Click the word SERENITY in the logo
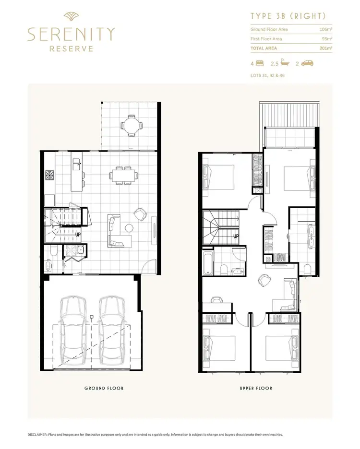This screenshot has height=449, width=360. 71,34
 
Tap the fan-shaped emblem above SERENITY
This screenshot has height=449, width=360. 71,17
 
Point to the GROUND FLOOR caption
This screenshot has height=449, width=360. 104,388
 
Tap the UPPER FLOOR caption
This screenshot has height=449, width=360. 256,388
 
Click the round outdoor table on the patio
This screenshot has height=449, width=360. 131,126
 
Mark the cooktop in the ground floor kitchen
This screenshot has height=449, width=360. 48,176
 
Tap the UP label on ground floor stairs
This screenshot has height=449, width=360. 78,235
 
